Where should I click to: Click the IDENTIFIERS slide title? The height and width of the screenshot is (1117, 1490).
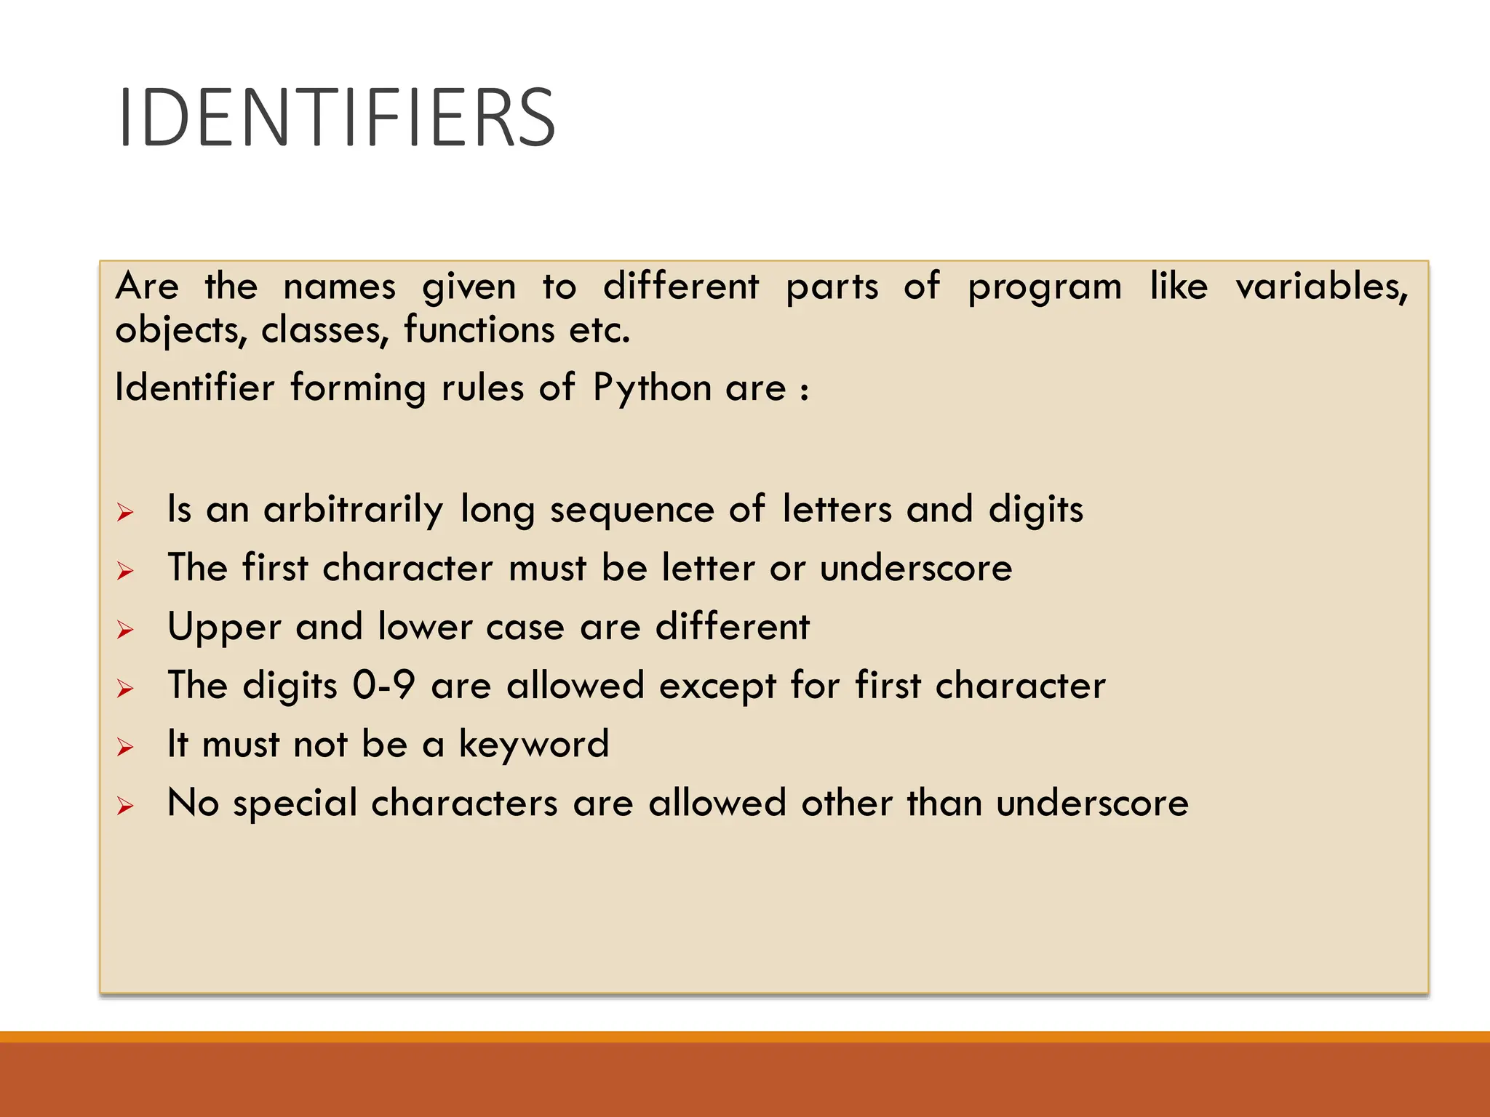click(x=336, y=118)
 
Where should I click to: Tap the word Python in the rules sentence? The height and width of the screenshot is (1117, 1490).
click(x=652, y=388)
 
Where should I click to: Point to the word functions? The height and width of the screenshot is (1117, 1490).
click(x=479, y=329)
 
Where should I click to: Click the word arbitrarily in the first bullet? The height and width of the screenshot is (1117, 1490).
click(x=353, y=509)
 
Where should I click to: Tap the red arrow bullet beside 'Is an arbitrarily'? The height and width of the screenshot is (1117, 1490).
click(x=125, y=513)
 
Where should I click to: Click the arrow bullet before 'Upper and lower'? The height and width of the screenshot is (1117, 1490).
click(x=125, y=630)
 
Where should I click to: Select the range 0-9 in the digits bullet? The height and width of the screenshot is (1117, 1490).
click(x=383, y=685)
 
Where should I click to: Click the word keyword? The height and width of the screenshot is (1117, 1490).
click(x=533, y=744)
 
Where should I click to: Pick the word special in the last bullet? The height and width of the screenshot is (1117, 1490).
click(x=295, y=804)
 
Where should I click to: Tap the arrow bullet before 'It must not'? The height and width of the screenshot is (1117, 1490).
click(x=125, y=747)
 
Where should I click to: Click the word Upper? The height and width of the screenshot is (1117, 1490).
click(x=224, y=627)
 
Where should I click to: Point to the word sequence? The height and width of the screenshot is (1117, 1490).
click(x=632, y=510)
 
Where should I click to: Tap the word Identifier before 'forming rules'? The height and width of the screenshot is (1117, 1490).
click(x=195, y=387)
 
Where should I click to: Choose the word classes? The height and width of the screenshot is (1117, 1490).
click(x=321, y=330)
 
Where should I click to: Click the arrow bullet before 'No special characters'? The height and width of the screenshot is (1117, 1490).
click(x=125, y=806)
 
